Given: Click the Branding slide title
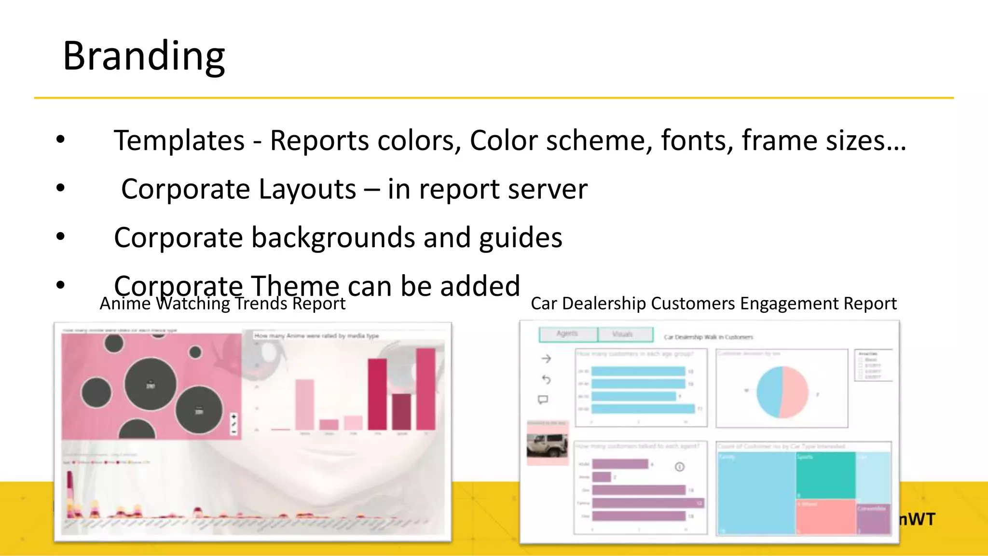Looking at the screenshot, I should click(144, 56).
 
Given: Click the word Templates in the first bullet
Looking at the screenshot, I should click(179, 140).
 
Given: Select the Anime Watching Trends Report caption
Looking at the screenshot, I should click(222, 304).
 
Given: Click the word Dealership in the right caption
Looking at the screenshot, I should click(604, 304).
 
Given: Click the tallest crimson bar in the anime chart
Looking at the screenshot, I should click(425, 389).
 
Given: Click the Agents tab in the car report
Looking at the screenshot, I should click(567, 334).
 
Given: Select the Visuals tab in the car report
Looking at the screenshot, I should click(623, 334).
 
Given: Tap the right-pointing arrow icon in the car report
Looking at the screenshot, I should click(546, 359).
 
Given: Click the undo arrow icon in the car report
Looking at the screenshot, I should click(546, 379).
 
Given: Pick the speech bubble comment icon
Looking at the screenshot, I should click(543, 400).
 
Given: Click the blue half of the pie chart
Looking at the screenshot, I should click(769, 392).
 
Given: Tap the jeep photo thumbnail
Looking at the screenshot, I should click(547, 445).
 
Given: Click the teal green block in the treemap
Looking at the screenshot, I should click(825, 475).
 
